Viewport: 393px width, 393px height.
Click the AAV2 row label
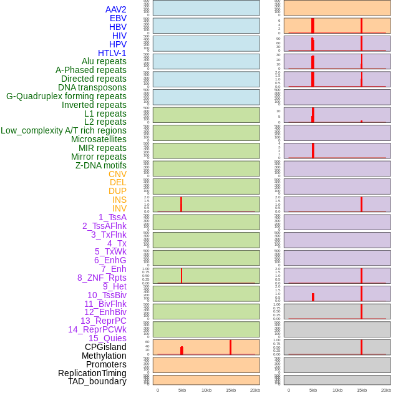point(115,9)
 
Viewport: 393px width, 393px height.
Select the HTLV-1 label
point(112,53)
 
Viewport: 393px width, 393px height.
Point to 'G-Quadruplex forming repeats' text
point(66,96)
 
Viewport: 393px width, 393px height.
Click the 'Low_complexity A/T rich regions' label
point(64,130)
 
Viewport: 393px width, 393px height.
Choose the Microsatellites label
point(99,139)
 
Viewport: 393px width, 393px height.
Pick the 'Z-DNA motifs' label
point(100,165)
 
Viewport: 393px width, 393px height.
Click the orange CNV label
point(117,174)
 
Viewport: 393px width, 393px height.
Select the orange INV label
point(119,208)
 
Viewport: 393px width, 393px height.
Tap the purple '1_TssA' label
point(112,217)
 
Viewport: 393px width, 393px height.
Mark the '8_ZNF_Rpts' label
point(102,278)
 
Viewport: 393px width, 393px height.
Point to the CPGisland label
point(105,347)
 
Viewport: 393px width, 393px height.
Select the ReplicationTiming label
point(92,373)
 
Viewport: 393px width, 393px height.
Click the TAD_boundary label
point(97,381)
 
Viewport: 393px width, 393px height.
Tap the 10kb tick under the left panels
point(206,390)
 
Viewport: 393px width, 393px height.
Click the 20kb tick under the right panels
point(386,390)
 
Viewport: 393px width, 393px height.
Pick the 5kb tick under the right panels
point(313,390)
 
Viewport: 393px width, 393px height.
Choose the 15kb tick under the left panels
point(230,390)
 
